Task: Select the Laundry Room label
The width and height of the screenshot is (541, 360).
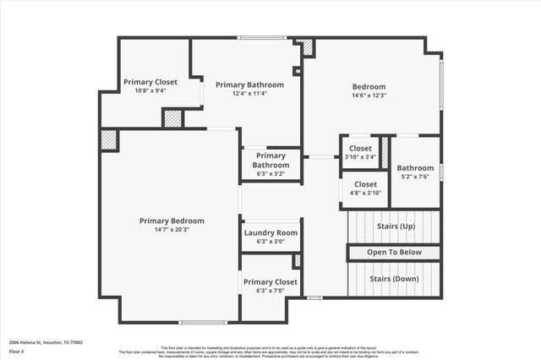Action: (270, 232)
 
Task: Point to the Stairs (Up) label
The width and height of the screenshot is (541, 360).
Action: (394, 226)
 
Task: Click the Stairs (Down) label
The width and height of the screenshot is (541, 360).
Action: (394, 278)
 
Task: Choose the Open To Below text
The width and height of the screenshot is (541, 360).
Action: (394, 253)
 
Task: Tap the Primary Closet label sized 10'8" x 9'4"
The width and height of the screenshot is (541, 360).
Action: (150, 82)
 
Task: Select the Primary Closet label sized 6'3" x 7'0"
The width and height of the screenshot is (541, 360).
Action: (270, 281)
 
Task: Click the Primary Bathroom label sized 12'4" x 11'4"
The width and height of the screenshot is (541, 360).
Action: (249, 85)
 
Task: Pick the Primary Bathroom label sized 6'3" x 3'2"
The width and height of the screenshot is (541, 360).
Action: (270, 160)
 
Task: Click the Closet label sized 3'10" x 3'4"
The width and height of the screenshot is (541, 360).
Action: (359, 148)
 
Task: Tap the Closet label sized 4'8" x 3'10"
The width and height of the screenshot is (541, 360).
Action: (365, 184)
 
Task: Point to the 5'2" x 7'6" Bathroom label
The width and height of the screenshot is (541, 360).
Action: (415, 167)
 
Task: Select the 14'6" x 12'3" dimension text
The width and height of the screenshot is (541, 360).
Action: (369, 95)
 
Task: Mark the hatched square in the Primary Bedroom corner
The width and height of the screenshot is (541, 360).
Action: (109, 140)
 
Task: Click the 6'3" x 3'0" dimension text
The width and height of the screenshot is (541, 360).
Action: (270, 242)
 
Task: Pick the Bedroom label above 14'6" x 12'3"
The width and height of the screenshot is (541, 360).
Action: (369, 86)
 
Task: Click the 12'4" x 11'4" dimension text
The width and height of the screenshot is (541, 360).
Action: (249, 94)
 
